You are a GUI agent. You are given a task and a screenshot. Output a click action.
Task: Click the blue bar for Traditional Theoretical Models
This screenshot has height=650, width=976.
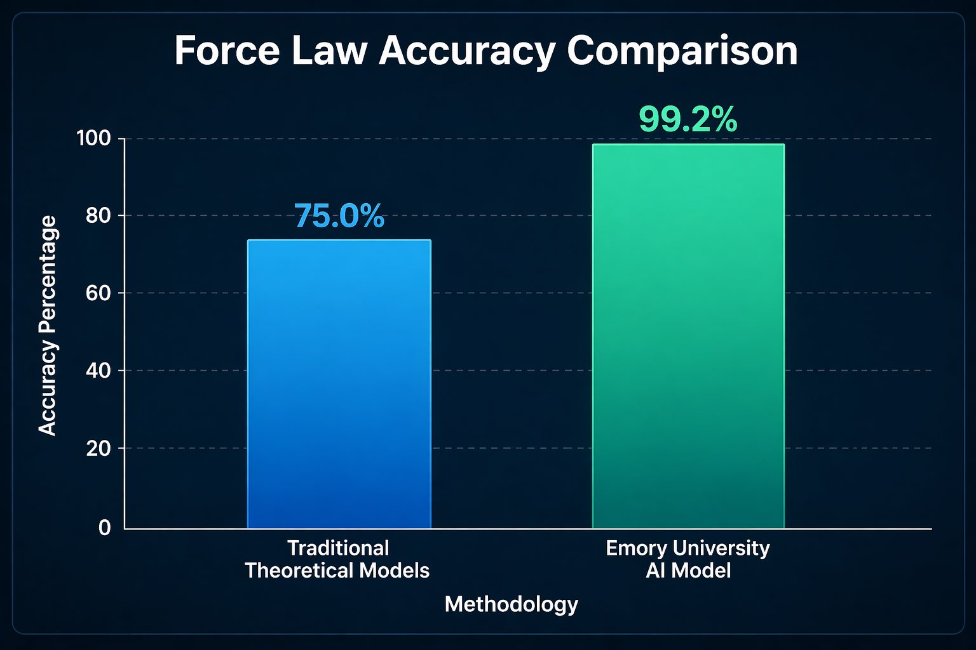[339, 384]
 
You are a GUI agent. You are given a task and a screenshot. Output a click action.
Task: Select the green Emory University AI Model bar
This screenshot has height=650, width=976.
[688, 336]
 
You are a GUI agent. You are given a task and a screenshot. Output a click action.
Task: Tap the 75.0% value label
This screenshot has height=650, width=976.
[339, 216]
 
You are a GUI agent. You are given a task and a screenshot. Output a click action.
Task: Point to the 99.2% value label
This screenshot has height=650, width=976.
[688, 119]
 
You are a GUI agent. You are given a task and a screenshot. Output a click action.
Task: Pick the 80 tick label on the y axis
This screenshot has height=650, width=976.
[98, 216]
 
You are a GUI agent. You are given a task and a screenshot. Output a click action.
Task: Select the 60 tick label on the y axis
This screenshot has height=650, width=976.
[98, 293]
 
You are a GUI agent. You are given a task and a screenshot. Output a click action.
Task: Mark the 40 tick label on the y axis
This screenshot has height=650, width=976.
[98, 371]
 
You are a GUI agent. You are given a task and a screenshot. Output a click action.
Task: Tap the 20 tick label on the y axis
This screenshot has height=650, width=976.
[98, 449]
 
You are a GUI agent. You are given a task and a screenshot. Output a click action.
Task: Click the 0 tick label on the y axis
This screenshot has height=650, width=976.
[105, 527]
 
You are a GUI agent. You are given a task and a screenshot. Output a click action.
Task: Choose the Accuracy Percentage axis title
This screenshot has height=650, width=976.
[48, 326]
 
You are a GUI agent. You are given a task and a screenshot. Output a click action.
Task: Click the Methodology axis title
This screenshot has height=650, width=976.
[511, 604]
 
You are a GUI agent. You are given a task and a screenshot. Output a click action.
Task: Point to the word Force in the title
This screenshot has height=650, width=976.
[227, 51]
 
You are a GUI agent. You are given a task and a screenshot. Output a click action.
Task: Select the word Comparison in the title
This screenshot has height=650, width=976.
[682, 51]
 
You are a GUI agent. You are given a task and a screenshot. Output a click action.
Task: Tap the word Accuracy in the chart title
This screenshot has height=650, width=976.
[467, 51]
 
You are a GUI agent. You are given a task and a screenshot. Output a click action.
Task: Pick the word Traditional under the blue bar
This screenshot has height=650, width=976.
[338, 548]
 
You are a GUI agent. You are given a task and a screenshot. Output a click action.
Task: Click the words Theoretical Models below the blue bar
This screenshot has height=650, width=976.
[337, 571]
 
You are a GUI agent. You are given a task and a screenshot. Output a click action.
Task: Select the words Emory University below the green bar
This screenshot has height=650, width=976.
[688, 548]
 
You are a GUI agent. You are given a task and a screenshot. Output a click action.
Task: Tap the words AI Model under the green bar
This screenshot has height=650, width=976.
[688, 571]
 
